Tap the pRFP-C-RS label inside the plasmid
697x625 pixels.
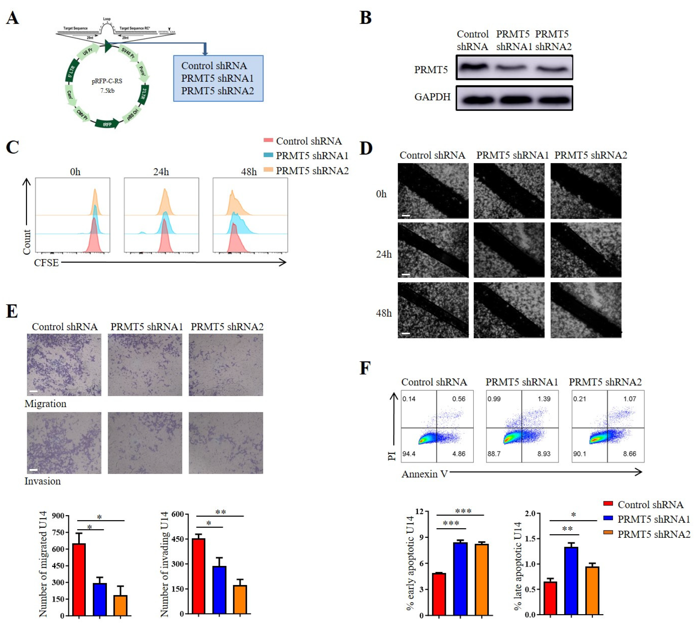click(107, 81)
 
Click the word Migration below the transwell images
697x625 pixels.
click(45, 404)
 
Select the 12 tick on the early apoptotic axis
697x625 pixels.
click(419, 511)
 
